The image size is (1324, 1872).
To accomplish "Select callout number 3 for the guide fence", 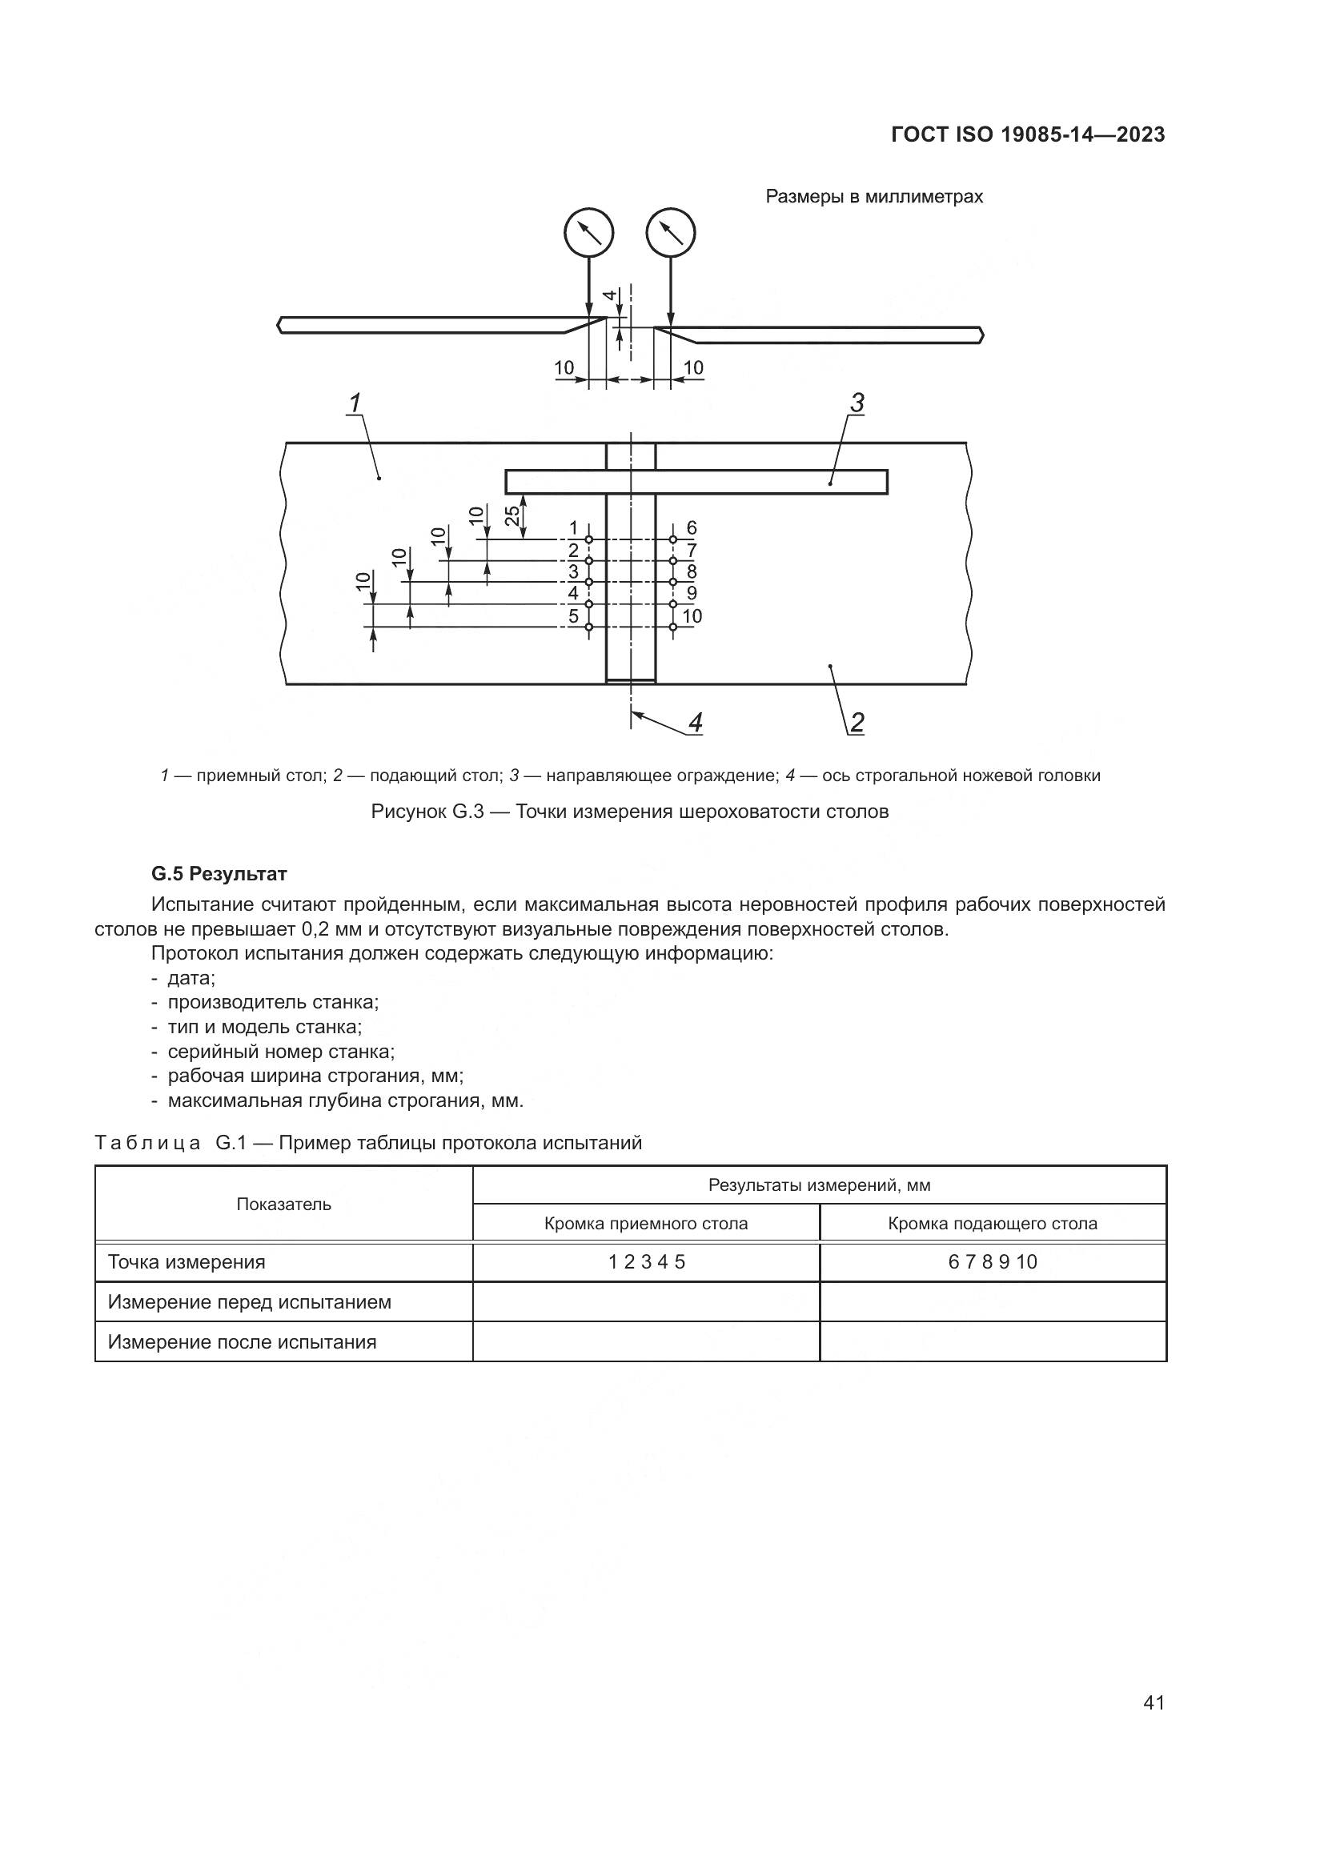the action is [857, 403].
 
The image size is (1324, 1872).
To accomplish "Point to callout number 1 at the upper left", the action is [355, 403].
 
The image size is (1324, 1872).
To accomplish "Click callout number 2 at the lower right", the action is [857, 723].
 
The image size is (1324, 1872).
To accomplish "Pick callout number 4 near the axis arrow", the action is [696, 723].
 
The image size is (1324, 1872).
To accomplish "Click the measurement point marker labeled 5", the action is [589, 626].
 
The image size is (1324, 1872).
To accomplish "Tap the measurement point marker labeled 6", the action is [672, 539].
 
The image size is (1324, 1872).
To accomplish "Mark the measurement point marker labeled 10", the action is [672, 626].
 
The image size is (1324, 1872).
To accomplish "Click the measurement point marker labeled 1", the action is [589, 539].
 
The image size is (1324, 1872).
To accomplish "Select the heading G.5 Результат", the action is [219, 874].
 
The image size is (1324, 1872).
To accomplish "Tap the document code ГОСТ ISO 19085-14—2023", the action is [1028, 135].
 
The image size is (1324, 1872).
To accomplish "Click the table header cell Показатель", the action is [283, 1205].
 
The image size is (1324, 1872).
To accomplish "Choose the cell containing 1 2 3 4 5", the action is [647, 1262].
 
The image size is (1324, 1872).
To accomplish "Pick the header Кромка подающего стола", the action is [993, 1223].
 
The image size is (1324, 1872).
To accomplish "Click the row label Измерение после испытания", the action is [242, 1342].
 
